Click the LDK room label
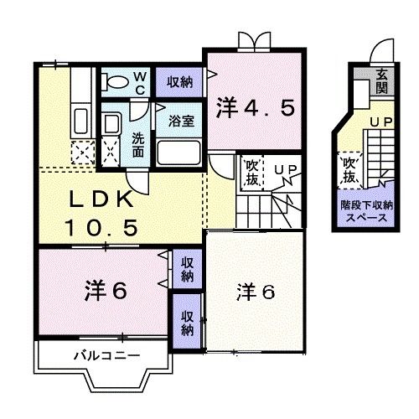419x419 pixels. pos(98,202)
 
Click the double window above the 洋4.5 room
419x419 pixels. pos(253,40)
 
